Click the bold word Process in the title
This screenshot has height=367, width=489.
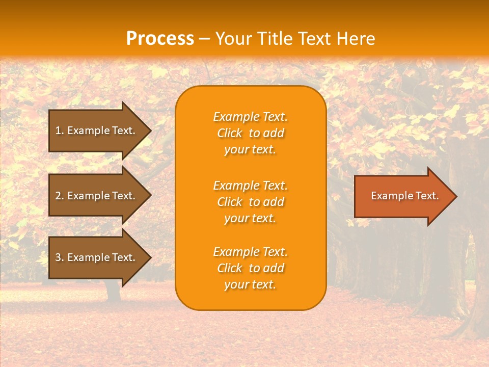[160, 38]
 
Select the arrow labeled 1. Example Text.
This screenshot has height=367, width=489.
[95, 130]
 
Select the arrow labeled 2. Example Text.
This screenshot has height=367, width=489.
[95, 196]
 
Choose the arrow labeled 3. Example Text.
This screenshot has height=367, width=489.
[95, 257]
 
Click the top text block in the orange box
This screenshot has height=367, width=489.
[250, 133]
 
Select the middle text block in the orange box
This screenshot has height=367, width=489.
[250, 202]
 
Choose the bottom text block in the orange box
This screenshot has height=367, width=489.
[250, 268]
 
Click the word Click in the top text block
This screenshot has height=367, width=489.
[229, 133]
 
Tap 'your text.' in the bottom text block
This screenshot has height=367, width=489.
[250, 284]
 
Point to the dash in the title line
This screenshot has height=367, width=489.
[205, 39]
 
